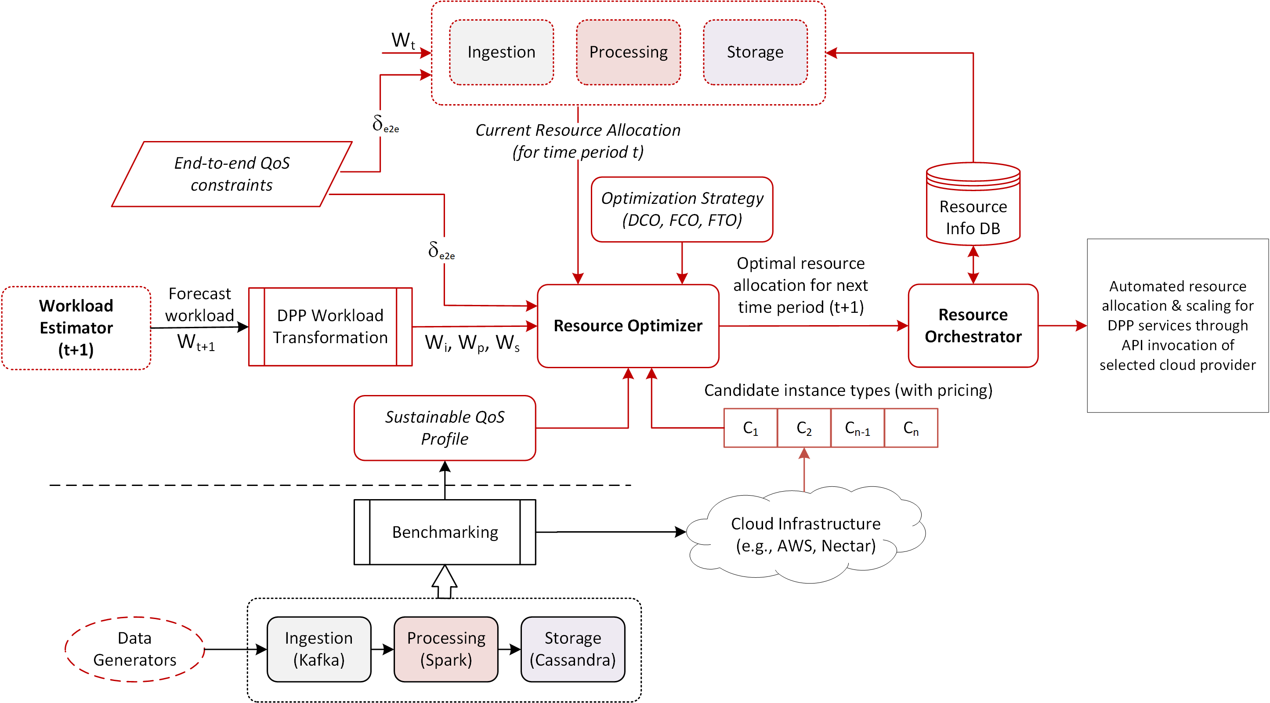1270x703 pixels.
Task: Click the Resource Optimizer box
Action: (628, 326)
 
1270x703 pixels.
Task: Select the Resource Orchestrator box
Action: (973, 326)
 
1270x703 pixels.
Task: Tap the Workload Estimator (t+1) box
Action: (76, 327)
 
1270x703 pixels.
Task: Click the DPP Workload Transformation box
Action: (330, 326)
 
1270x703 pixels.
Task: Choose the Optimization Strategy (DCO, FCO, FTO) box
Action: (682, 209)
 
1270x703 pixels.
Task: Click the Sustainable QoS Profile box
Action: (444, 428)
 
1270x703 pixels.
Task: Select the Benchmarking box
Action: (444, 532)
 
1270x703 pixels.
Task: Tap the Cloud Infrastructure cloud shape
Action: (805, 534)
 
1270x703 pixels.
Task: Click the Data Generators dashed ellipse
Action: (134, 649)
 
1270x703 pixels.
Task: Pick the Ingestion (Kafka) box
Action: (318, 649)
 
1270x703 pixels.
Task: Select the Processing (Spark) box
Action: (446, 649)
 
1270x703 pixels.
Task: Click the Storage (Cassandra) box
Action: (572, 649)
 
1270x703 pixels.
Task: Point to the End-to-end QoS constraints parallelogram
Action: (231, 174)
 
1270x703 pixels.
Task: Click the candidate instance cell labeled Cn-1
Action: (858, 428)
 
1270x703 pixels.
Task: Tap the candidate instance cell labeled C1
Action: (750, 428)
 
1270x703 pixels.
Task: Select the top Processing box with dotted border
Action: (628, 52)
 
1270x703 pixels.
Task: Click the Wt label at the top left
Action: (403, 40)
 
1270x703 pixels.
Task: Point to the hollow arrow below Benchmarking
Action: (444, 582)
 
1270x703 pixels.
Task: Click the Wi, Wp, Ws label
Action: (472, 343)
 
